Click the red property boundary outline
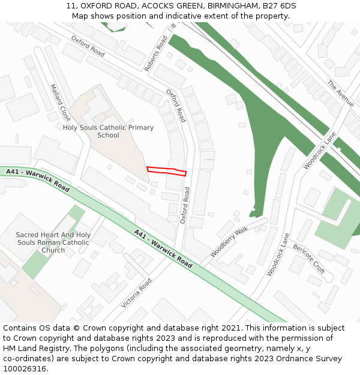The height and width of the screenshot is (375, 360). tap(166, 171)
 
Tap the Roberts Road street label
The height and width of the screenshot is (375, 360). tap(156, 54)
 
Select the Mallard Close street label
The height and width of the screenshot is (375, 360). tap(61, 103)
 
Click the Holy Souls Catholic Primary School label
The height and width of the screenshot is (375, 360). tap(108, 131)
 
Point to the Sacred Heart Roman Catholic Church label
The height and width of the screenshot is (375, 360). tap(53, 242)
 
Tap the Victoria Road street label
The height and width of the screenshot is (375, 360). tap(136, 293)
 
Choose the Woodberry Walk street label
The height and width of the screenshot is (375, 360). tap(229, 242)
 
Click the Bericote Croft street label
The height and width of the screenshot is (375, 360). tap(309, 259)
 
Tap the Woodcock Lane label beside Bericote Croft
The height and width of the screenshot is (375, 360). tap(278, 254)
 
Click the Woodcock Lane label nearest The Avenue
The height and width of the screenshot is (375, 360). tap(320, 151)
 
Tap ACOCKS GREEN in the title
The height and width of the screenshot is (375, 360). tap(170, 6)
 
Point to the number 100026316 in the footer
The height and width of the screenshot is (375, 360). tap(25, 369)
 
